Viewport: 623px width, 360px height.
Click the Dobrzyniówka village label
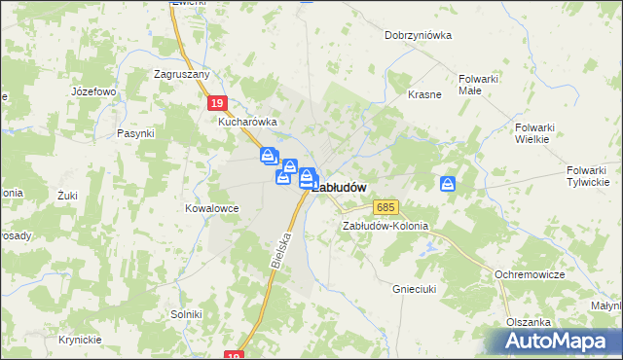click(419, 35)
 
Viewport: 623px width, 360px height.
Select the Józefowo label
click(93, 91)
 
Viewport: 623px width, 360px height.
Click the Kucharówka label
click(247, 123)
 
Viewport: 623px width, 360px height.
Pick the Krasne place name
click(425, 94)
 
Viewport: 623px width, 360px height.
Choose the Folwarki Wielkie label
click(532, 132)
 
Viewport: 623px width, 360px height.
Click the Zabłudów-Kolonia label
click(385, 226)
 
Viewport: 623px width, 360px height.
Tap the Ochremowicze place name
click(530, 275)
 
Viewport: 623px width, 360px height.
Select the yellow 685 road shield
click(385, 208)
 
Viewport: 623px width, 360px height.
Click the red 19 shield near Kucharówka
click(217, 103)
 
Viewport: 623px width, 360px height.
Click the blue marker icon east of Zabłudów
click(448, 183)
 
